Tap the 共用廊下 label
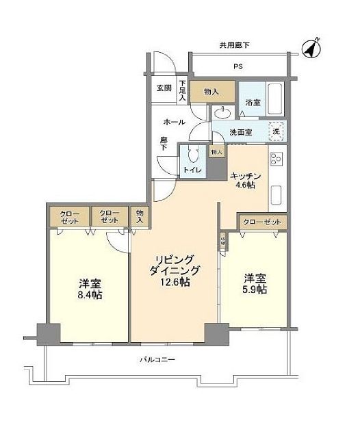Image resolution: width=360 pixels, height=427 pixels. click(x=234, y=46)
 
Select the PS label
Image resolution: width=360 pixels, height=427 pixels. click(x=237, y=66)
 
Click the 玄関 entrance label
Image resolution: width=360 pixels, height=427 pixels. click(x=164, y=88)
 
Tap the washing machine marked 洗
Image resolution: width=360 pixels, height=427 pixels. click(x=276, y=130)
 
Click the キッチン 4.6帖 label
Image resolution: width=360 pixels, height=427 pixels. click(x=244, y=179)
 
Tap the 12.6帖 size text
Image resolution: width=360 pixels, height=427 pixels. click(x=177, y=282)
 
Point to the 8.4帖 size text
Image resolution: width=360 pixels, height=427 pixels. click(x=90, y=296)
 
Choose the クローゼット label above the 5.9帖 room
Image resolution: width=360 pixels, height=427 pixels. click(x=262, y=222)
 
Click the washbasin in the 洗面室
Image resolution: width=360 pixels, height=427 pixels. click(x=222, y=113)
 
